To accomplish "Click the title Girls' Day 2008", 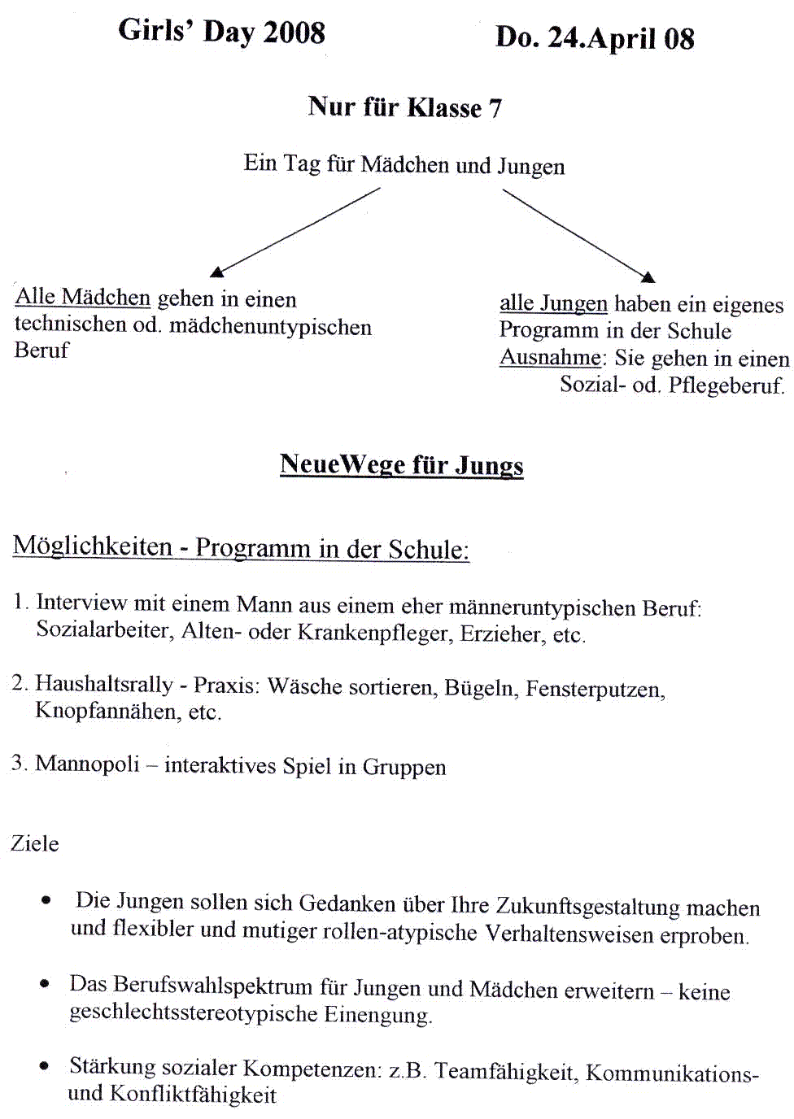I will (x=221, y=32).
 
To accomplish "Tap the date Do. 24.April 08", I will (x=595, y=38).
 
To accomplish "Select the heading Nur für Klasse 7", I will (x=404, y=107).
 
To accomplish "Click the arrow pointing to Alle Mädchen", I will (x=296, y=232).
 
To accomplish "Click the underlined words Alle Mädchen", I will (x=83, y=298).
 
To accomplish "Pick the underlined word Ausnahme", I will (x=551, y=357).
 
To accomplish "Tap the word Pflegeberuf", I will (x=726, y=385).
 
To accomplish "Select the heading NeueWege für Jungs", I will (x=401, y=464).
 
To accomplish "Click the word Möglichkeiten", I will (x=93, y=546).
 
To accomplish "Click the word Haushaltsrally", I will (x=104, y=684).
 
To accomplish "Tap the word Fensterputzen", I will (x=595, y=690).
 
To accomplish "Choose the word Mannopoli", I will (x=87, y=764).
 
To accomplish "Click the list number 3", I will (x=18, y=763).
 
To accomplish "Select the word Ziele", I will (x=35, y=843).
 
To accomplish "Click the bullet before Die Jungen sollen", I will (x=46, y=900).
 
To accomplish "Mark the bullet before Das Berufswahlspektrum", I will (x=44, y=984).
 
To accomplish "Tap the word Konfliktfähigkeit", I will (x=193, y=1095).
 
